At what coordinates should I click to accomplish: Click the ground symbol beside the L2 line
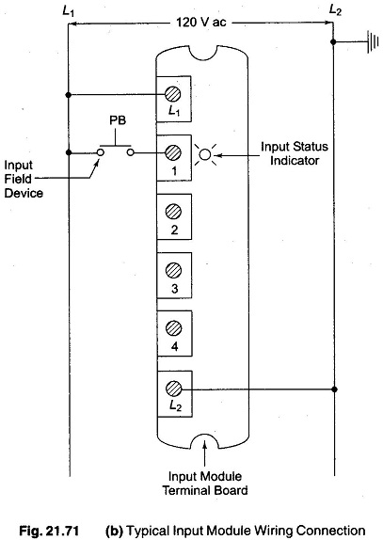(x=373, y=42)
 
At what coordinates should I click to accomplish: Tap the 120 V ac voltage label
(x=201, y=23)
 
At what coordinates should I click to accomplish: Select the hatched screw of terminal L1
(x=173, y=94)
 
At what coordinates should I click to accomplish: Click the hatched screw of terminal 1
(x=173, y=152)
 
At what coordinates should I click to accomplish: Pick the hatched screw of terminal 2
(x=173, y=212)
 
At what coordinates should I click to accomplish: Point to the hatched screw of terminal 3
(x=173, y=270)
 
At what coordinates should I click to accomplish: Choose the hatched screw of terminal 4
(x=173, y=328)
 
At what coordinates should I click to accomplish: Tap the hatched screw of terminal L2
(x=173, y=389)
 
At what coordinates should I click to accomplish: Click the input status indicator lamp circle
(x=205, y=155)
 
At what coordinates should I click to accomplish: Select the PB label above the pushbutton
(x=118, y=120)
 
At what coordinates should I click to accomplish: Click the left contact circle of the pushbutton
(x=101, y=152)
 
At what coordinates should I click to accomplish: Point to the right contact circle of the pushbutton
(x=131, y=152)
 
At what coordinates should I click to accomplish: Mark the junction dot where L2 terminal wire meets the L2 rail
(x=334, y=389)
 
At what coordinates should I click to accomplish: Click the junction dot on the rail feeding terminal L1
(x=69, y=94)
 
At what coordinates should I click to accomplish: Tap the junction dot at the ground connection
(x=333, y=42)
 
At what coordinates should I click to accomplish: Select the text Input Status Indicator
(x=295, y=153)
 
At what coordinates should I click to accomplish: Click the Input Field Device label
(x=24, y=179)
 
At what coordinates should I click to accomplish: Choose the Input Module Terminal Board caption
(x=205, y=484)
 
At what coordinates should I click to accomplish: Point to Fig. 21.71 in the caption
(x=49, y=531)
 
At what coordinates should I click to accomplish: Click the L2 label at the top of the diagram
(x=335, y=10)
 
